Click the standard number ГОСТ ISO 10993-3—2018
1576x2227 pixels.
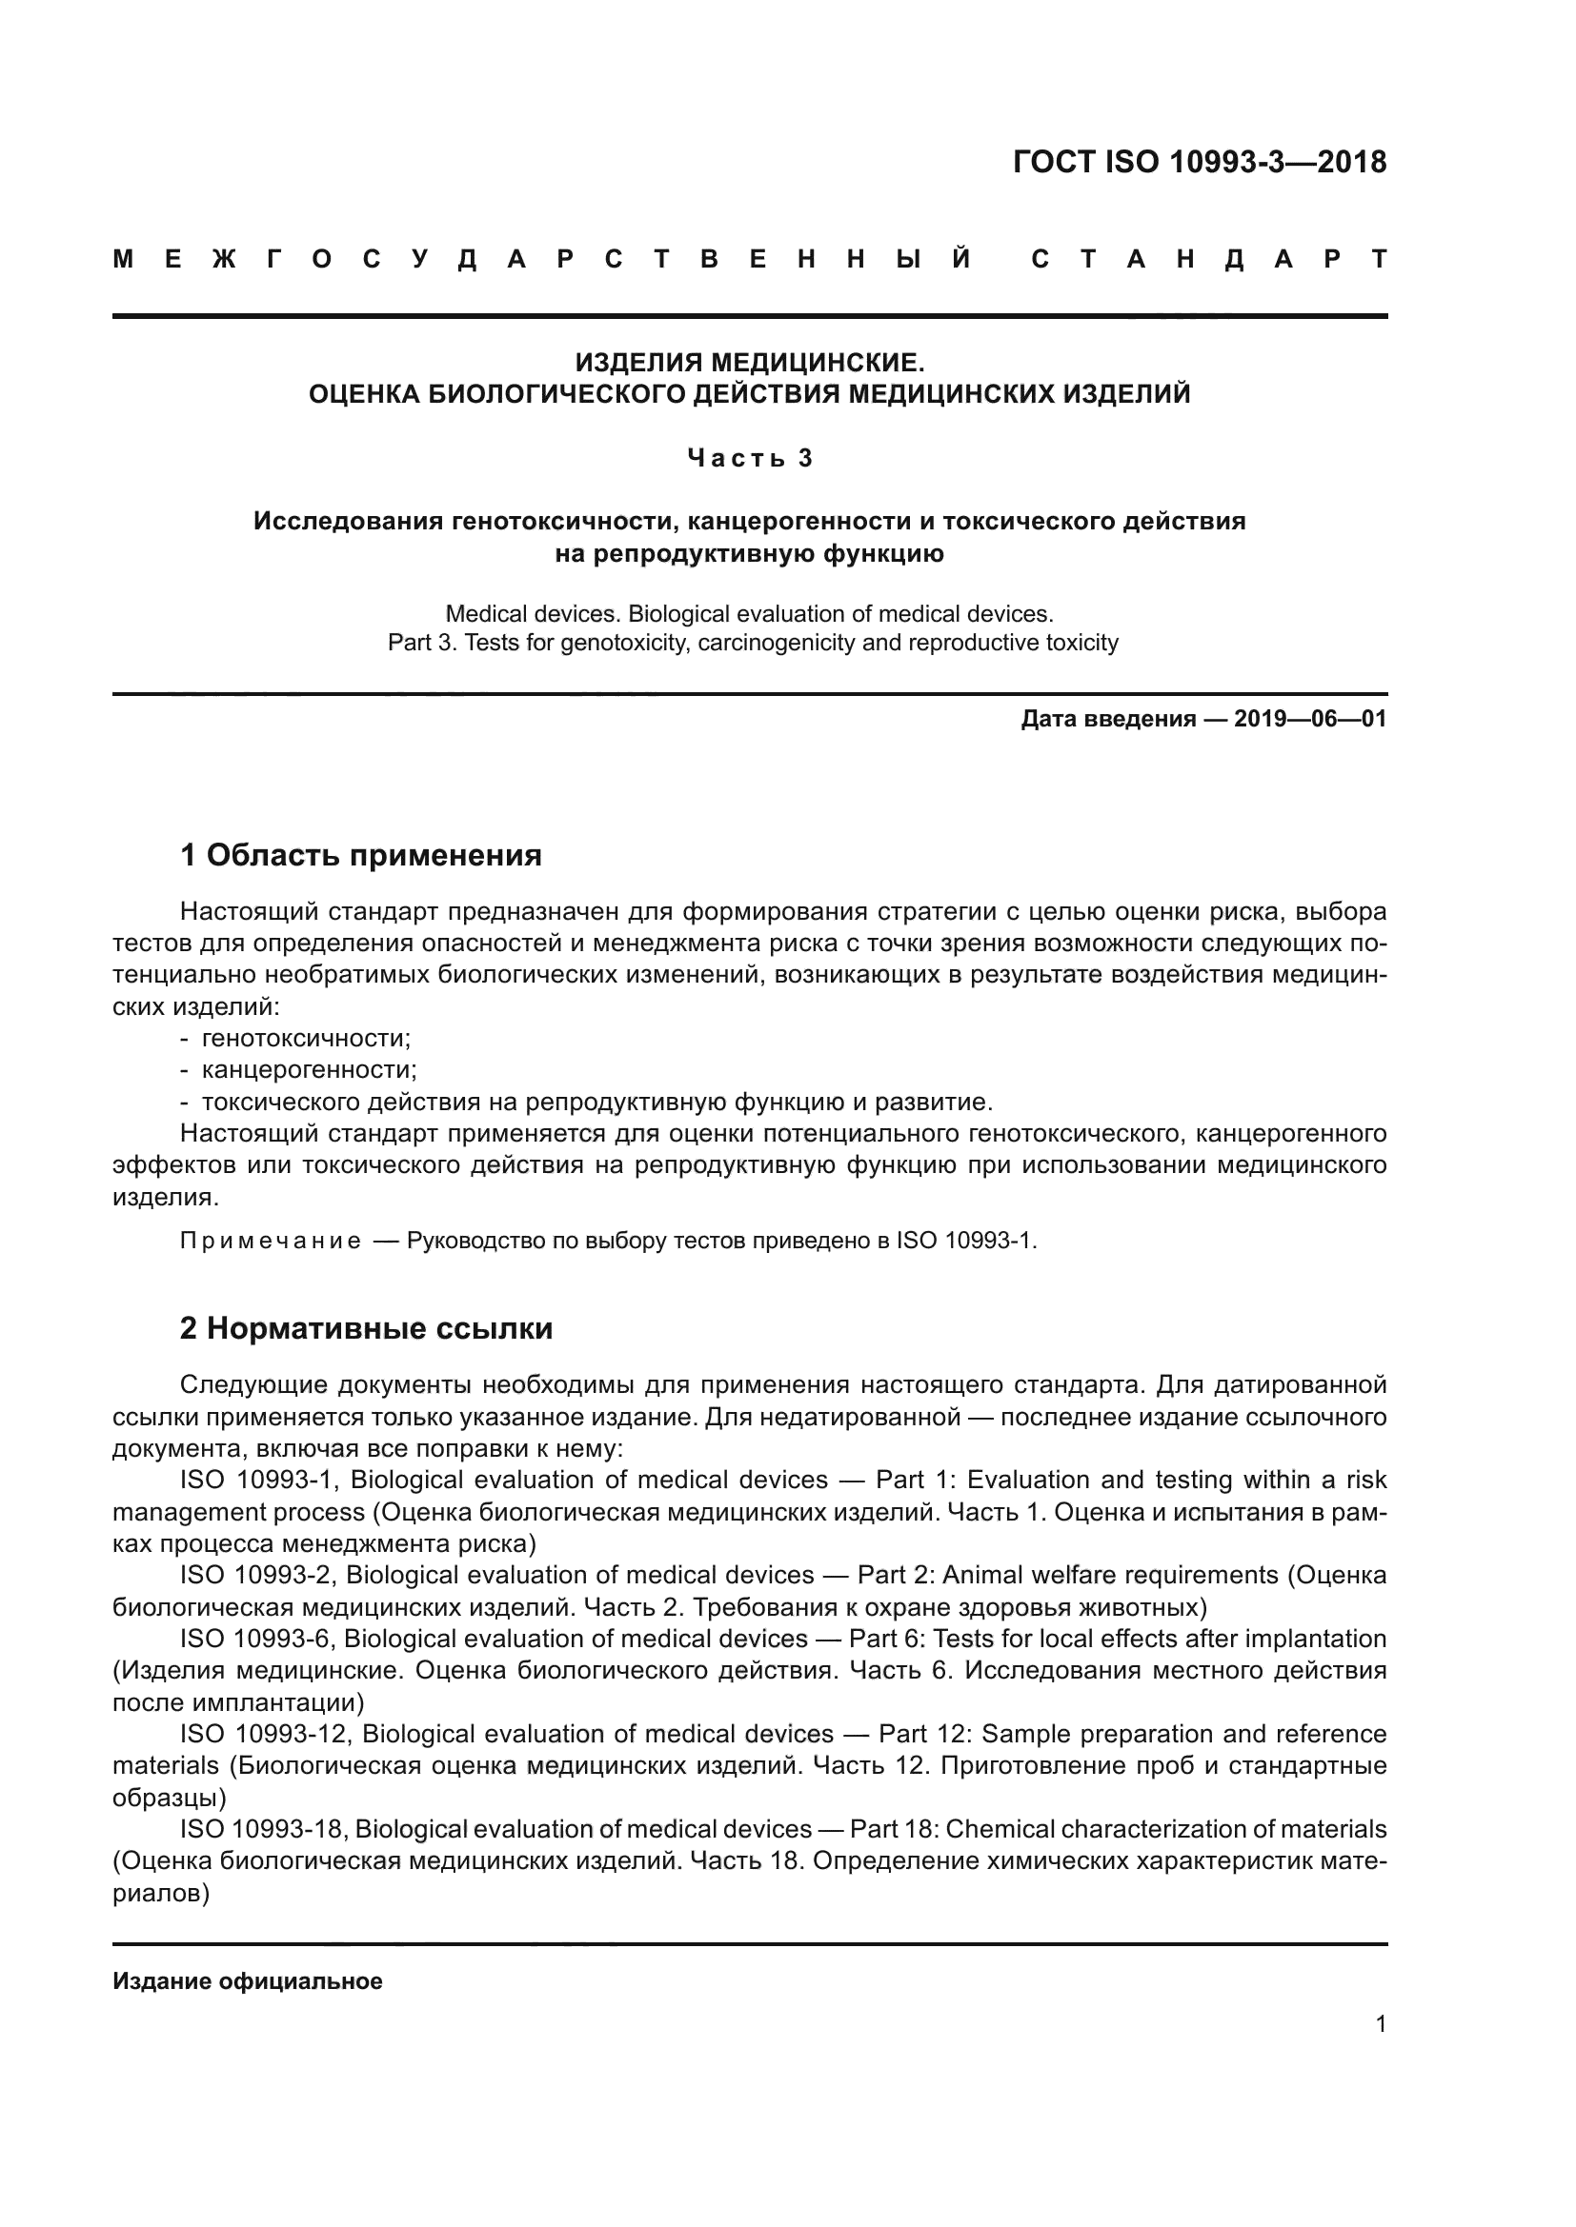pyautogui.click(x=1200, y=162)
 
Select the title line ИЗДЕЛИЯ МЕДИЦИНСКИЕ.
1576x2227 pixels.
pyautogui.click(x=749, y=363)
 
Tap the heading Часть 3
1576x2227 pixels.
pyautogui.click(x=749, y=458)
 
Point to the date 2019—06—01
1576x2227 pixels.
pyautogui.click(x=1310, y=719)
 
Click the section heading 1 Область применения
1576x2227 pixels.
pyautogui.click(x=361, y=856)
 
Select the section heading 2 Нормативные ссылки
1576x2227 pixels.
pyautogui.click(x=366, y=1328)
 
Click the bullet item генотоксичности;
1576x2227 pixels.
pyautogui.click(x=306, y=1039)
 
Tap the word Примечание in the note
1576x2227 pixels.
pyautogui.click(x=271, y=1242)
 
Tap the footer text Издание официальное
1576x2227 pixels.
pyautogui.click(x=248, y=1981)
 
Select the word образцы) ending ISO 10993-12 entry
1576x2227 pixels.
pyautogui.click(x=170, y=1798)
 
